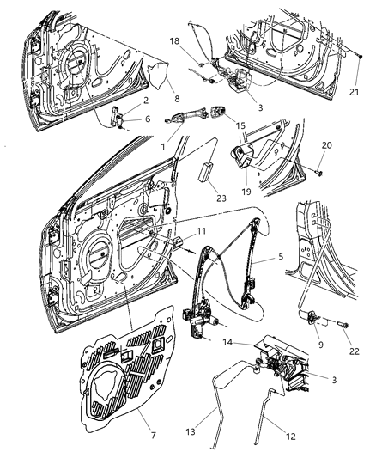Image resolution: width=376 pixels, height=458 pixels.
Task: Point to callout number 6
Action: pyautogui.click(x=147, y=119)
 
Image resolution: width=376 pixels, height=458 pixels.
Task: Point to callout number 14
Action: pyautogui.click(x=229, y=341)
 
